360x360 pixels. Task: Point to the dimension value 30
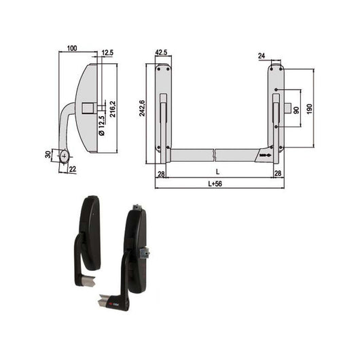(x=48, y=155)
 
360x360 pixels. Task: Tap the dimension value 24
(x=262, y=56)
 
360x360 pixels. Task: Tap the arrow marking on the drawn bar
(x=263, y=156)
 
